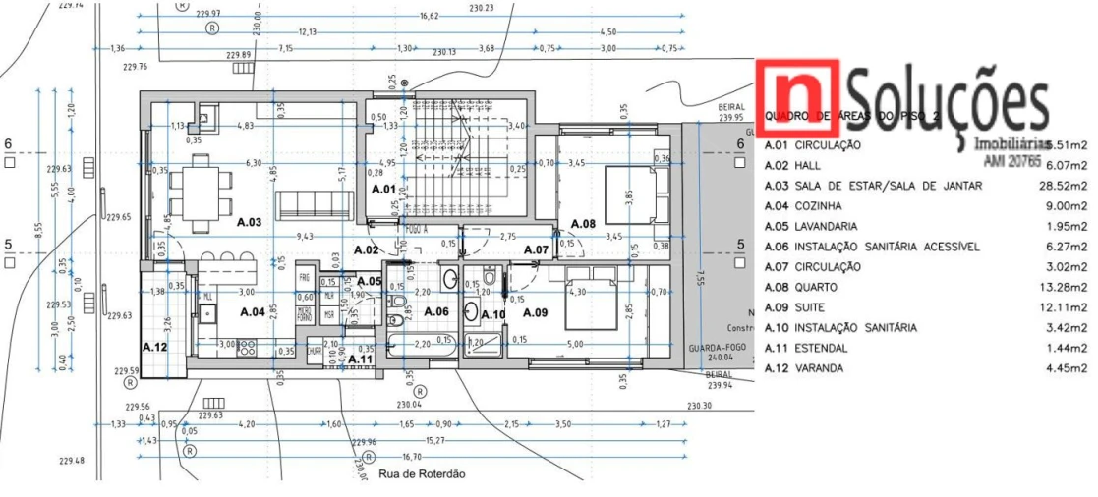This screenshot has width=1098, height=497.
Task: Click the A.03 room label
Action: coord(249,222)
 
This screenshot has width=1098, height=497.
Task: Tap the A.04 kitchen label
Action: coord(255,311)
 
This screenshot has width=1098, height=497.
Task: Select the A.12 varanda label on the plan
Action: coord(154,347)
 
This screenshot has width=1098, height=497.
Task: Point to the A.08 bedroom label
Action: coord(583,223)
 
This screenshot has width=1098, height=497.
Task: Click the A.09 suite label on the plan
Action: coord(535,312)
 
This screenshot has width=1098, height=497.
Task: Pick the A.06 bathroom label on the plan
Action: coord(435,311)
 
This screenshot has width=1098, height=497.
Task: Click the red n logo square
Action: coord(797,97)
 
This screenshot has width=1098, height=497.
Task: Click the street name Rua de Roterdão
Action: coord(421,473)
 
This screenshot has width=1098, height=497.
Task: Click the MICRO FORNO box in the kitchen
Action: coord(305,310)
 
